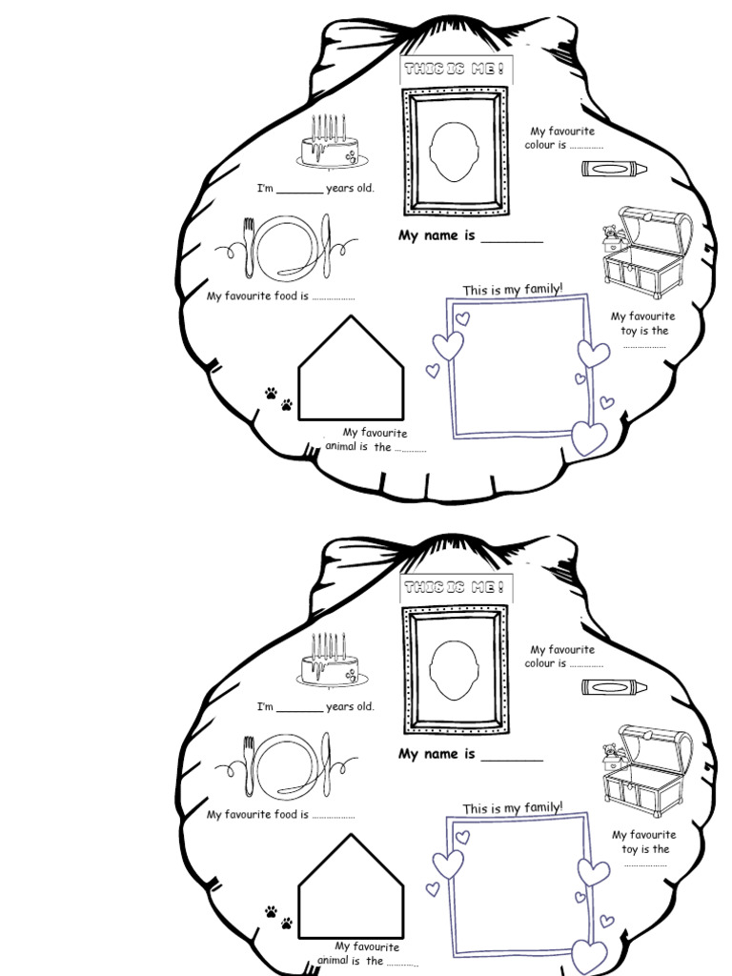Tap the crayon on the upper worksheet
(x=614, y=169)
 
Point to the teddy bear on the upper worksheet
(x=611, y=234)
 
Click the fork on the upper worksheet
(x=251, y=243)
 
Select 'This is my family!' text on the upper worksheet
(x=513, y=290)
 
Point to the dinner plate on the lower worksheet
(x=287, y=762)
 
